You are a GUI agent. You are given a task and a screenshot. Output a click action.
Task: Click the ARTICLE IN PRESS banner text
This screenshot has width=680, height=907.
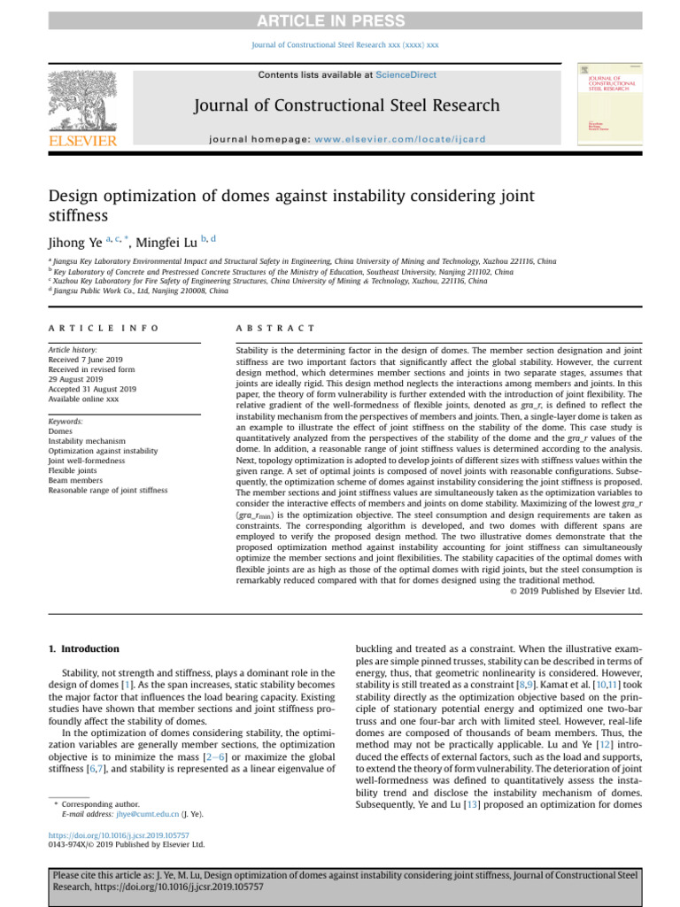point(340,19)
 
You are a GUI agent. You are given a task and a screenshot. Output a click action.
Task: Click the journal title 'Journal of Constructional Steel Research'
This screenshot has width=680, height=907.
point(346,106)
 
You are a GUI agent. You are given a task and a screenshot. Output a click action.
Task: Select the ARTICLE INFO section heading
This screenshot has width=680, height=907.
point(103,328)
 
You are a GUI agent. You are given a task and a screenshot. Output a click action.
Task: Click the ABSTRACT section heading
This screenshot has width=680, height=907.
point(275,328)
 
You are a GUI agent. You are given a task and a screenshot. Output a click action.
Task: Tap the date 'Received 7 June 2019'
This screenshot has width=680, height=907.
point(90,360)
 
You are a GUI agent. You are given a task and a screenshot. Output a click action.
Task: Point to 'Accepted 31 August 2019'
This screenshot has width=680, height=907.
point(92,389)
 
